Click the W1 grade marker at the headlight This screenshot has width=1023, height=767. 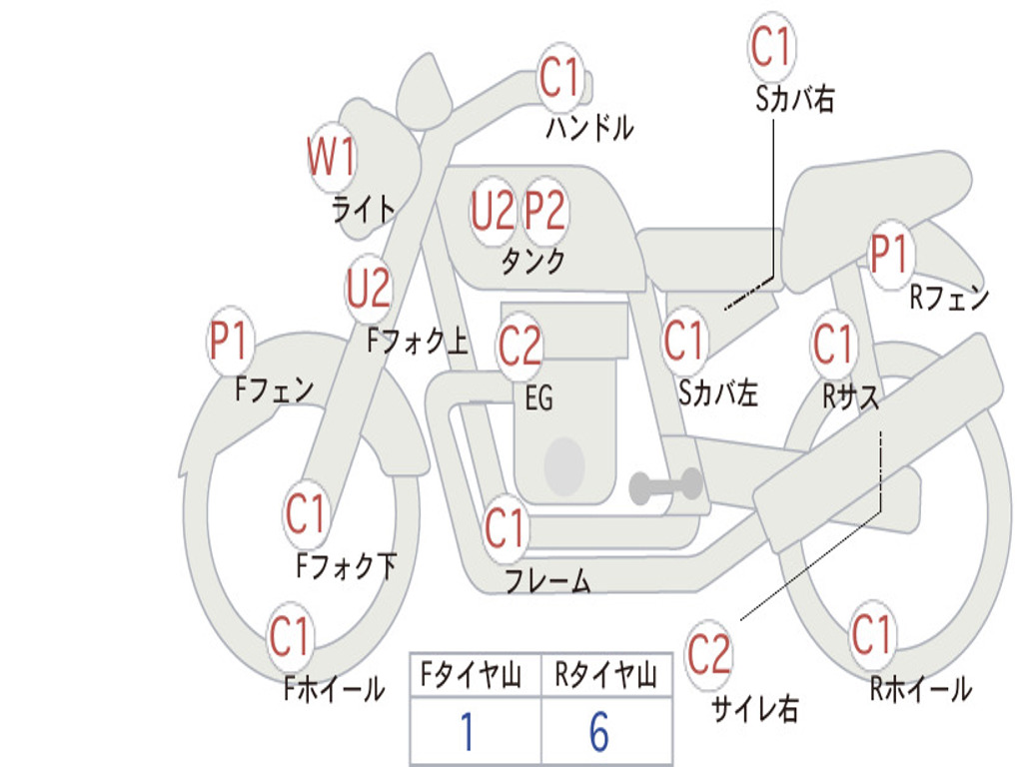331,158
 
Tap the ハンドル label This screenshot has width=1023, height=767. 589,128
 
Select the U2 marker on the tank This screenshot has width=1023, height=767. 493,211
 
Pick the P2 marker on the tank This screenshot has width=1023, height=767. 545,211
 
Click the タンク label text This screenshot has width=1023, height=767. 532,262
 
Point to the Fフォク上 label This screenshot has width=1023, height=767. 417,343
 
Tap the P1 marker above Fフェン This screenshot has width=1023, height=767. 230,342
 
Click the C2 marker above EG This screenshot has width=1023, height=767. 519,346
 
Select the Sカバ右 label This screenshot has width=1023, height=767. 795,99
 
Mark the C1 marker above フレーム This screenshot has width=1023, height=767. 505,528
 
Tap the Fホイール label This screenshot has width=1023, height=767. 334,688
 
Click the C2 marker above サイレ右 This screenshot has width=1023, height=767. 708,654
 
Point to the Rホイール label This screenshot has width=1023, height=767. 920,688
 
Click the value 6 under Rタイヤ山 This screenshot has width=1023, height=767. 598,733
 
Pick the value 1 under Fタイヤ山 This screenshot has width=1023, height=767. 467,733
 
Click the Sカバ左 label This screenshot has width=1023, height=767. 718,393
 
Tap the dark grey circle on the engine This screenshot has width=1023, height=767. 564,464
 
